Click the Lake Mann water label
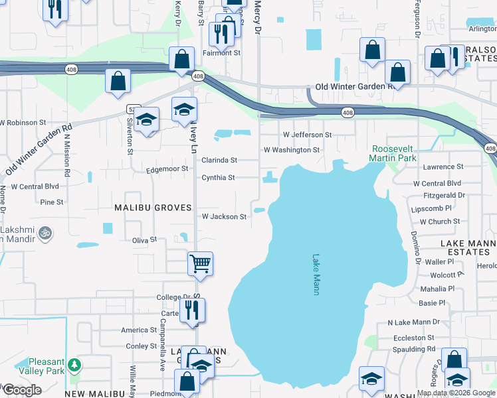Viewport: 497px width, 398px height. pos(317,271)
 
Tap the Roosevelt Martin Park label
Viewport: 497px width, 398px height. pos(394,155)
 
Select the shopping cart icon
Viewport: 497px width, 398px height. pos(200,263)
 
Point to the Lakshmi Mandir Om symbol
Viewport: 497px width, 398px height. pos(46,233)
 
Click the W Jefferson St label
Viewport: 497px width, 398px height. pos(307,135)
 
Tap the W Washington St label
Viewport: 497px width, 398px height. pos(292,150)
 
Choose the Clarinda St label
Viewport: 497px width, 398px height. pos(219,160)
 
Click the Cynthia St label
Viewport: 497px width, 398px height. pos(219,178)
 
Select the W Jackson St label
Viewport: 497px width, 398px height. pos(225,216)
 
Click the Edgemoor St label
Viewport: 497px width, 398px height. pos(168,170)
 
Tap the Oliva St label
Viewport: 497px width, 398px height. pos(144,239)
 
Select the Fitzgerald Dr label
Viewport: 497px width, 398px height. pos(445,195)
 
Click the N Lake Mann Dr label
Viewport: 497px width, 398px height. pos(414,322)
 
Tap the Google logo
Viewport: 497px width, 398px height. pos(21,390)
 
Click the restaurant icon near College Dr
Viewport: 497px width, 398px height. pos(192,310)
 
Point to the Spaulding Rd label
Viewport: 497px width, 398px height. pos(413,349)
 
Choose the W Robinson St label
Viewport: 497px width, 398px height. pos(23,123)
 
